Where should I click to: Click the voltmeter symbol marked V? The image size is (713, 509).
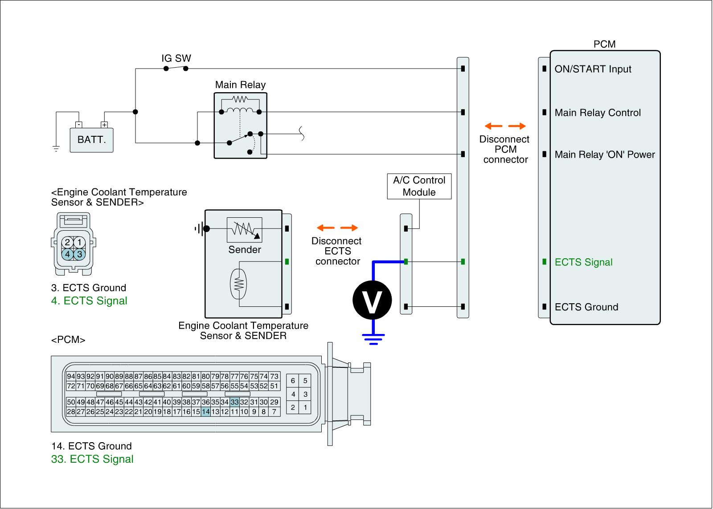coord(372,300)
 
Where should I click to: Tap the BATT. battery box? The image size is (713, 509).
coord(92,140)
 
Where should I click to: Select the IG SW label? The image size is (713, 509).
coord(176,58)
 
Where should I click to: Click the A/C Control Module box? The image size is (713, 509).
coord(419,186)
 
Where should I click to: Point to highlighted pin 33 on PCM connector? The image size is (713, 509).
coord(234,402)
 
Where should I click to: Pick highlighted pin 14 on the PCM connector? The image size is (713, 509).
coord(205,411)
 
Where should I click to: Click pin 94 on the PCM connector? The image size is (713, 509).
coord(71,376)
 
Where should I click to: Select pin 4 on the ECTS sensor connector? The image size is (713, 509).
coord(67,254)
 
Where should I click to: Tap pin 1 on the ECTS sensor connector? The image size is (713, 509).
coord(80,242)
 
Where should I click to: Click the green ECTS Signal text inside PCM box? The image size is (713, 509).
coord(583,262)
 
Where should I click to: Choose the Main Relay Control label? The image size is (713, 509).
coord(598,113)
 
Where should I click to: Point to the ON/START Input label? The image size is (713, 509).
coord(593,69)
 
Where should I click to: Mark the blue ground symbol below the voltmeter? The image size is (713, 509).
coord(373,339)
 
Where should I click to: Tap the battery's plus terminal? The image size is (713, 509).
coord(104,125)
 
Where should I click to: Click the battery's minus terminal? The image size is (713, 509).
coord(78,125)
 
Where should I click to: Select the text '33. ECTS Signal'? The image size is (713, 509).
coord(92,459)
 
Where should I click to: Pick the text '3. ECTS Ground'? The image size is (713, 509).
coord(89,288)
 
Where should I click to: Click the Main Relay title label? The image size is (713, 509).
coord(240,85)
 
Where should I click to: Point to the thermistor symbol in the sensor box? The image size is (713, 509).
coord(238,284)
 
